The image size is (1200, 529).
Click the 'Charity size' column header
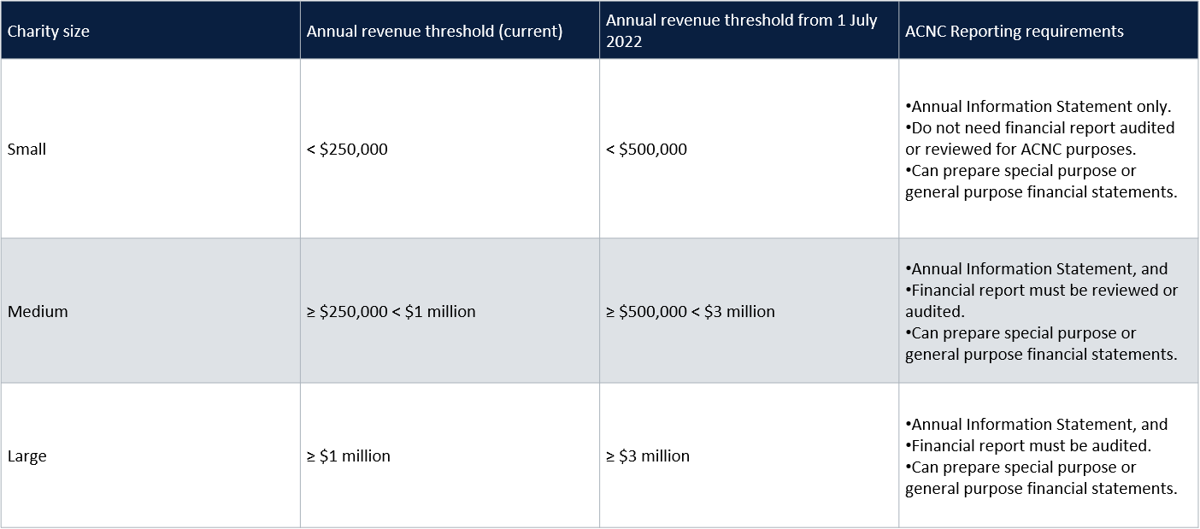[x=49, y=32]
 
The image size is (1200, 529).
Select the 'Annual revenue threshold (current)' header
[x=434, y=32]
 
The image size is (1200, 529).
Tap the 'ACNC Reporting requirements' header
[x=1014, y=32]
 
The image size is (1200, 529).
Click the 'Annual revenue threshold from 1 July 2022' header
[x=741, y=21]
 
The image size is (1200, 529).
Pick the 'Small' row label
[x=26, y=150]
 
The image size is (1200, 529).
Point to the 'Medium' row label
[x=38, y=312]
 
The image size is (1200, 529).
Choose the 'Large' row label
[x=26, y=456]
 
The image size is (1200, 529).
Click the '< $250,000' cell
[x=347, y=150]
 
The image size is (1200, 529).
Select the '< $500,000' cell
[x=646, y=150]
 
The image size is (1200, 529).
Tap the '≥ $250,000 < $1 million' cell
[x=391, y=312]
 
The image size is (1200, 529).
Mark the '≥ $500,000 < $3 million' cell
[x=691, y=312]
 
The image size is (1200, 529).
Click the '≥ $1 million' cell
[x=349, y=456]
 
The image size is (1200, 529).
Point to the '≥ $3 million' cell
[x=648, y=456]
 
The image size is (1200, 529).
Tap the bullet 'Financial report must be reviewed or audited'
[x=1043, y=291]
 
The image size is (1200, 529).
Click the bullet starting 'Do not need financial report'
[x=1041, y=128]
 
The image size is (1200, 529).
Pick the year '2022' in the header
[x=624, y=42]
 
